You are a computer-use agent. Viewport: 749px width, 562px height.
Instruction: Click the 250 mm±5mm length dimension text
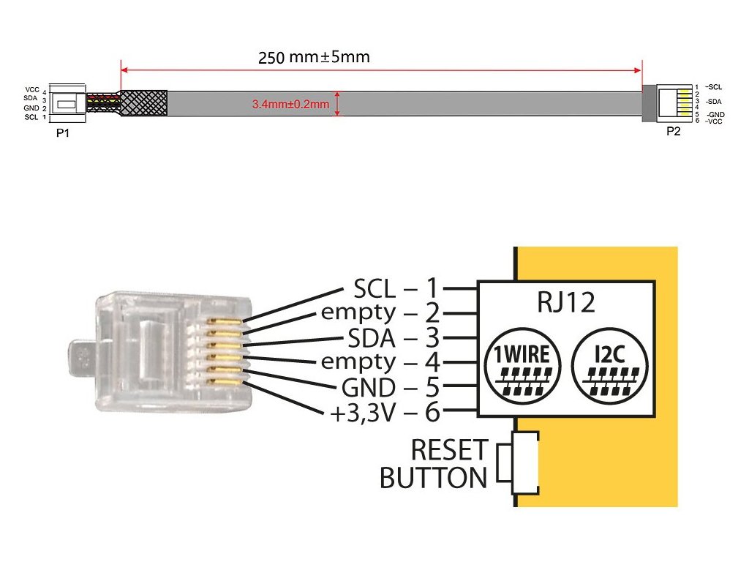click(314, 57)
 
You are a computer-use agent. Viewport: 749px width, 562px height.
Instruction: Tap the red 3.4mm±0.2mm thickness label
click(290, 104)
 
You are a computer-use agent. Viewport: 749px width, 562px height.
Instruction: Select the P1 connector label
click(63, 133)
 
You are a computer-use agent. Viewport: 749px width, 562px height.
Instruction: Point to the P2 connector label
click(673, 131)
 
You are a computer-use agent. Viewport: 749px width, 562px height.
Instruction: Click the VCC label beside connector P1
click(32, 90)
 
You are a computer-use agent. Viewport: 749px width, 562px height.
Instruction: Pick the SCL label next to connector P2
click(714, 87)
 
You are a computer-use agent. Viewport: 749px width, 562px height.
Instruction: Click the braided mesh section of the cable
click(143, 102)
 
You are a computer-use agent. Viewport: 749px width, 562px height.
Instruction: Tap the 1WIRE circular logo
click(522, 366)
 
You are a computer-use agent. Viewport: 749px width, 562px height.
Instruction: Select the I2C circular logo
click(609, 366)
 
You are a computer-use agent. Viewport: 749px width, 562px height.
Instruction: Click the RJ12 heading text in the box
click(566, 302)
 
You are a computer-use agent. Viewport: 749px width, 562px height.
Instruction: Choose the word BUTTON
click(433, 477)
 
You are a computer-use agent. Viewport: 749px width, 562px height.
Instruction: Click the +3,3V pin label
click(363, 413)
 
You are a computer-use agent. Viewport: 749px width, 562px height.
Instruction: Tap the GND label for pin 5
click(369, 388)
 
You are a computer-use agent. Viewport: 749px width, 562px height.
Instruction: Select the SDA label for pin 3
click(372, 338)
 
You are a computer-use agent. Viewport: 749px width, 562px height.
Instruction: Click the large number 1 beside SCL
click(432, 288)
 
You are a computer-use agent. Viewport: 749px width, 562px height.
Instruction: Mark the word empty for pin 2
click(358, 313)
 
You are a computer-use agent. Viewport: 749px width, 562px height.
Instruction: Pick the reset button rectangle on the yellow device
click(524, 462)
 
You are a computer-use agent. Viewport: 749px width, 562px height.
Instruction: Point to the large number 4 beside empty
click(432, 362)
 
